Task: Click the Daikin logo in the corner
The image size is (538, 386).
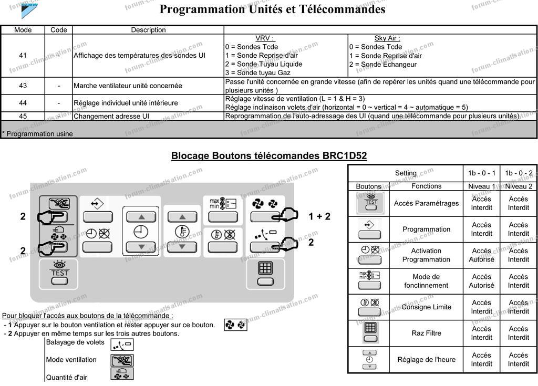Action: point(29,9)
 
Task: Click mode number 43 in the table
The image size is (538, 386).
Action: point(23,86)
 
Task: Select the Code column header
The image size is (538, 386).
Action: point(59,30)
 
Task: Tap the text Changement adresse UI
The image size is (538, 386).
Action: point(111,116)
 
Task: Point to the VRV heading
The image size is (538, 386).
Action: point(265,38)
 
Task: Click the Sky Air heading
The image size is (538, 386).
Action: point(387,38)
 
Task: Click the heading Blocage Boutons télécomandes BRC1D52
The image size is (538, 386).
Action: point(269,156)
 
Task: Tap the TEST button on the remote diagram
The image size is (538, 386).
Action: point(59,274)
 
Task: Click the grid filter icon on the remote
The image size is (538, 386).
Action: point(265,268)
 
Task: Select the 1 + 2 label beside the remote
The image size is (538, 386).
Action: point(319,216)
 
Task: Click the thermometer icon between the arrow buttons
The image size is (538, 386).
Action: point(182,232)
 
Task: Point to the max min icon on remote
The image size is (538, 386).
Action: point(223,203)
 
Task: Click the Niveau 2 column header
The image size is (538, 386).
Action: point(519,186)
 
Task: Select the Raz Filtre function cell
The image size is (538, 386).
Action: point(426,333)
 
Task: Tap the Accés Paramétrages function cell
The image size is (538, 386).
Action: point(426,203)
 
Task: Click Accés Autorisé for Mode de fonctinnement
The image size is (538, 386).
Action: point(481,281)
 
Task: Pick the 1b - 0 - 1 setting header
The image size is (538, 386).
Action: point(481,173)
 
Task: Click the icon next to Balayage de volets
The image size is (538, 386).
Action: point(122,345)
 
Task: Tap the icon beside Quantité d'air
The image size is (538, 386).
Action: point(122,374)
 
